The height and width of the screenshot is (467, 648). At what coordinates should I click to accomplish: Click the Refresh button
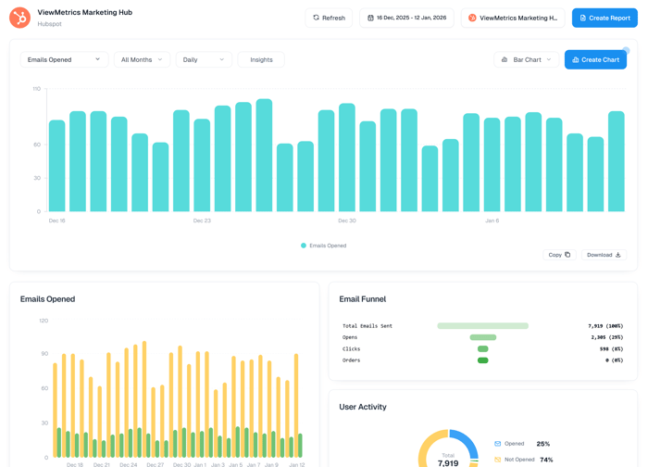pyautogui.click(x=329, y=18)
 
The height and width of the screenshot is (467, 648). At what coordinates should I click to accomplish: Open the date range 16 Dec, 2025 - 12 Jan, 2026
pyautogui.click(x=406, y=18)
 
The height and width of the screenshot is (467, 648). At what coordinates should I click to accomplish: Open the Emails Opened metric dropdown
pyautogui.click(x=64, y=59)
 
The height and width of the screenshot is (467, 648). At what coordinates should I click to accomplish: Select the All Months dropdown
pyautogui.click(x=142, y=59)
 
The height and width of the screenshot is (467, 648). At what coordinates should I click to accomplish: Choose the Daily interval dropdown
pyautogui.click(x=204, y=59)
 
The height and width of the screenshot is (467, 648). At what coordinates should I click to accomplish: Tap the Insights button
pyautogui.click(x=261, y=59)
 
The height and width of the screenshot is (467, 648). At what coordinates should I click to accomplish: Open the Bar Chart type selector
pyautogui.click(x=526, y=59)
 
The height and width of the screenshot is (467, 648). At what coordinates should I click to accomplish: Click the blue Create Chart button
pyautogui.click(x=595, y=59)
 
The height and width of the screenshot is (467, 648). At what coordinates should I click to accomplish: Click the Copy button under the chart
pyautogui.click(x=559, y=255)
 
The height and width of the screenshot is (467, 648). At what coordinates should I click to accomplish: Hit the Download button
pyautogui.click(x=604, y=255)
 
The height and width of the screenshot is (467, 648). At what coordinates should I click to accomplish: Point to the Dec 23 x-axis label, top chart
pyautogui.click(x=202, y=221)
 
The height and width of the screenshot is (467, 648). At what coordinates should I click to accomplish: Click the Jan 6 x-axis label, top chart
pyautogui.click(x=492, y=221)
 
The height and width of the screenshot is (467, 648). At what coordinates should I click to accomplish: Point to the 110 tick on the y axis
pyautogui.click(x=37, y=89)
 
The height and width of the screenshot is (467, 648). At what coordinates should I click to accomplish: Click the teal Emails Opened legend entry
pyautogui.click(x=323, y=246)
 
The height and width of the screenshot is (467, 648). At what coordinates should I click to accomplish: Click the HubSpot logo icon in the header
pyautogui.click(x=19, y=18)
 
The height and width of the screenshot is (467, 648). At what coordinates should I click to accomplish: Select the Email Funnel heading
pyautogui.click(x=363, y=299)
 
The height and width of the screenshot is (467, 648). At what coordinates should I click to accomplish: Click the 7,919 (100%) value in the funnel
pyautogui.click(x=604, y=326)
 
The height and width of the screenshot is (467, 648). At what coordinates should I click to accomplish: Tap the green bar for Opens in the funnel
pyautogui.click(x=482, y=337)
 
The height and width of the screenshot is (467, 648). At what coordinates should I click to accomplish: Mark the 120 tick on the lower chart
pyautogui.click(x=44, y=321)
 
